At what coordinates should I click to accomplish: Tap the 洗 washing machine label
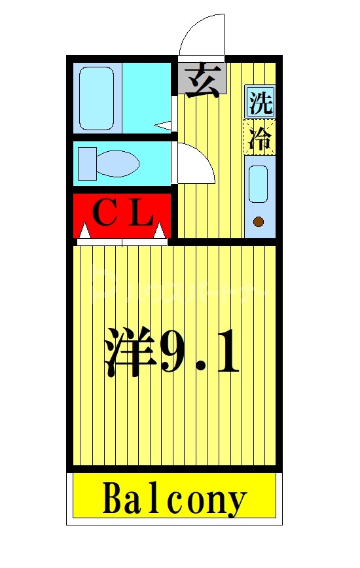(260, 103)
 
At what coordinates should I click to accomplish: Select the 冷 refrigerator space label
(260, 137)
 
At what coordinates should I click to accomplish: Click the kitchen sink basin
(259, 184)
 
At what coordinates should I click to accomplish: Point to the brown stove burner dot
(259, 222)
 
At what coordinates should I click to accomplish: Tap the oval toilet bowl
(118, 164)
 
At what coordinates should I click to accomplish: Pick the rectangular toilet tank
(87, 164)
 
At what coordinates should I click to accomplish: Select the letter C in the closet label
(103, 213)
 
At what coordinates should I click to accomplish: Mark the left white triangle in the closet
(84, 230)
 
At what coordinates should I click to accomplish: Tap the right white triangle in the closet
(160, 230)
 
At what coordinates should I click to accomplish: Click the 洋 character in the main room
(131, 353)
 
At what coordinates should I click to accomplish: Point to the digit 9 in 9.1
(175, 353)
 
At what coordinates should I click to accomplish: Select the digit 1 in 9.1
(226, 353)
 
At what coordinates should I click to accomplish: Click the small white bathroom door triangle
(164, 124)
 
